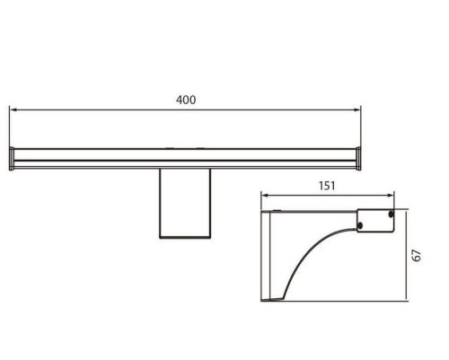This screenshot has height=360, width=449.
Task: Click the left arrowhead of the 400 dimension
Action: click(13, 110)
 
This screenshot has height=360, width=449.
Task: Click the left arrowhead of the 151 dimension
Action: click(263, 195)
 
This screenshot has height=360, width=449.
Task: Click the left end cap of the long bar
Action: click(12, 158)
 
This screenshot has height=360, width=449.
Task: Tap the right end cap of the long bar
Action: click(361, 158)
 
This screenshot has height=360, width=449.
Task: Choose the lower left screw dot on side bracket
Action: click(361, 224)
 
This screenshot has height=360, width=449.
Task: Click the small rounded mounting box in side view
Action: click(375, 220)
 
